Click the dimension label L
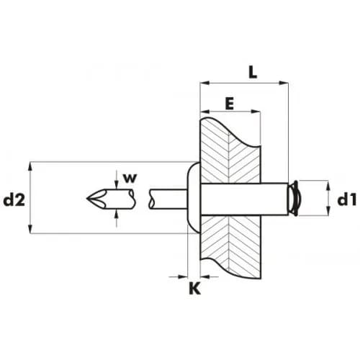click(253, 72)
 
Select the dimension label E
click(230, 104)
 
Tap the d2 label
click(14, 200)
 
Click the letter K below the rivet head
click(194, 288)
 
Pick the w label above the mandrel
click(130, 178)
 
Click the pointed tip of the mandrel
click(86, 199)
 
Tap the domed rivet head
click(194, 197)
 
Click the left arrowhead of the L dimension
click(204, 83)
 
